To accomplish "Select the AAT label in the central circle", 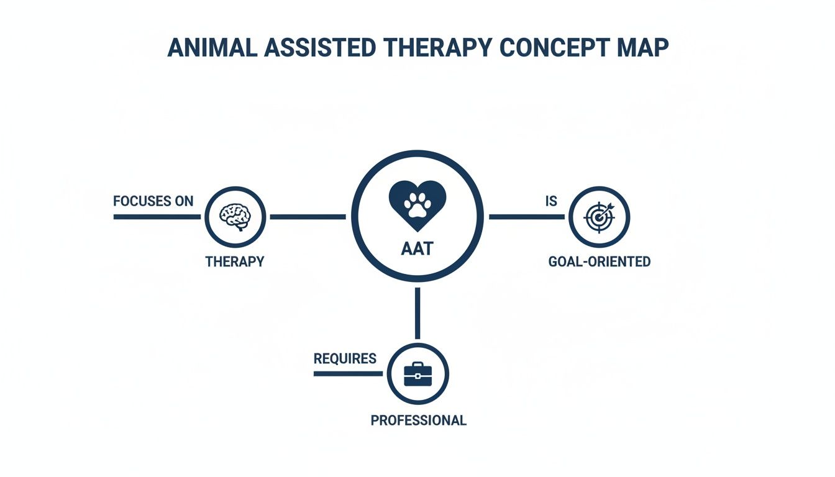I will click(x=417, y=249).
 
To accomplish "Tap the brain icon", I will click(x=235, y=217).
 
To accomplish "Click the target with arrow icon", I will click(x=600, y=217).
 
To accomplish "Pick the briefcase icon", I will click(x=417, y=375).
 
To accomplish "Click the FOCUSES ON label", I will click(x=153, y=201).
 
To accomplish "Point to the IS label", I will click(x=551, y=201).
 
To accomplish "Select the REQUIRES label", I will click(x=345, y=358).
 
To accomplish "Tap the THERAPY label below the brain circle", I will click(x=235, y=261).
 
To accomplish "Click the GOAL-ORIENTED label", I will click(x=600, y=261).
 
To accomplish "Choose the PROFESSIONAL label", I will click(x=418, y=420).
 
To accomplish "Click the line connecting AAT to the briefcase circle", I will click(x=417, y=313).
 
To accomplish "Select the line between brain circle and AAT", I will click(x=308, y=217).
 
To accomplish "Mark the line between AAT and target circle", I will click(x=527, y=217).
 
